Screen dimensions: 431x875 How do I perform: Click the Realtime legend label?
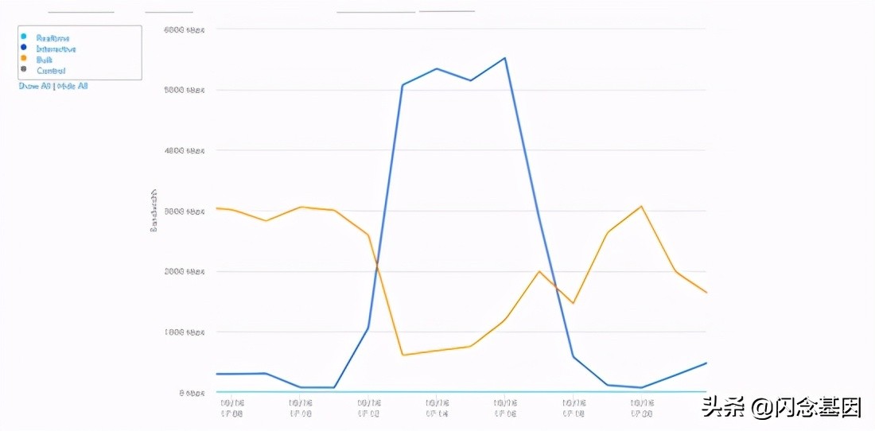click(x=52, y=37)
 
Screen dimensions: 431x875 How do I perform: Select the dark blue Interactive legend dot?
click(x=23, y=49)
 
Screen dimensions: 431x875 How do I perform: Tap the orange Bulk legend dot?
click(x=23, y=59)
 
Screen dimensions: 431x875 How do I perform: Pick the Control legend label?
click(x=50, y=70)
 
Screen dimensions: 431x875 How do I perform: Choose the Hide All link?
click(x=72, y=86)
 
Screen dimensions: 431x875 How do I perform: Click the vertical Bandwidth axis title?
click(x=154, y=211)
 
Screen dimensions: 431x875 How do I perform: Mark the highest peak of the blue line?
click(x=505, y=58)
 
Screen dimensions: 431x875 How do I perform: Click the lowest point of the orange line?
click(x=403, y=355)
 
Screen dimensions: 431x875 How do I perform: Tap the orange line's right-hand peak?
click(x=641, y=207)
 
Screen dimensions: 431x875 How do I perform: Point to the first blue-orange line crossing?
click(x=376, y=263)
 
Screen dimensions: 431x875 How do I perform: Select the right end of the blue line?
click(x=706, y=363)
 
